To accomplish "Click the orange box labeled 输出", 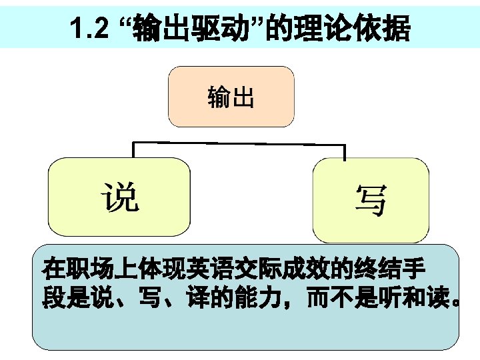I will point(231,97).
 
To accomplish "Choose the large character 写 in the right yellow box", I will point(371,200).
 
